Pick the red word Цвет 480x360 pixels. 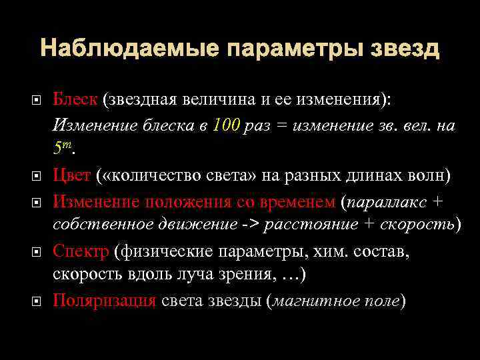coord(71,175)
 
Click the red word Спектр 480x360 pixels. coord(81,251)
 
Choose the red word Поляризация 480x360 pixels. coord(104,300)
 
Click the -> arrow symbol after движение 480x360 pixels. coord(251,225)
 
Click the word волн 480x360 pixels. coord(431,175)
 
